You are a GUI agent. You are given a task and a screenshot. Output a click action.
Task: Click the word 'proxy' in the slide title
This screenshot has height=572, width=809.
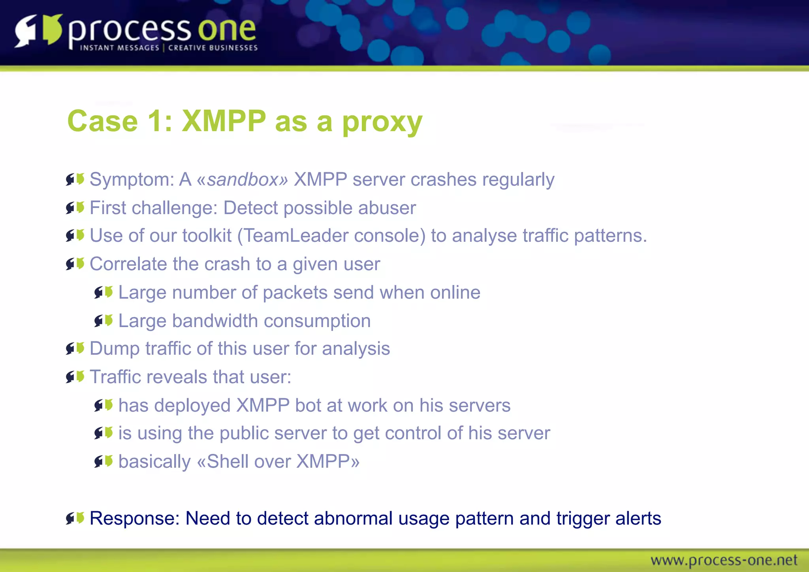point(382,122)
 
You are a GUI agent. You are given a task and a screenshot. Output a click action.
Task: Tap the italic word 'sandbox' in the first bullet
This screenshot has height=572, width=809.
point(243,180)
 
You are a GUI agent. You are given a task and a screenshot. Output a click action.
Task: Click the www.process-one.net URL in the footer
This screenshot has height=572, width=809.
point(724,560)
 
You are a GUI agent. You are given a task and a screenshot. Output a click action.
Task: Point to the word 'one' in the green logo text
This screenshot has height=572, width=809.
point(227,30)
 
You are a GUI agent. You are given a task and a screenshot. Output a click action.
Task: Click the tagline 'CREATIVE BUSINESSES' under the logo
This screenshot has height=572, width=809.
point(213,48)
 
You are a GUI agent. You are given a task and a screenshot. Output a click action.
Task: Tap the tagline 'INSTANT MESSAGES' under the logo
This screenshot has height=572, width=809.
point(120,48)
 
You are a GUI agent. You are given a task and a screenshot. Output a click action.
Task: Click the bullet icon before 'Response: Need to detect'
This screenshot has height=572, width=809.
point(75,518)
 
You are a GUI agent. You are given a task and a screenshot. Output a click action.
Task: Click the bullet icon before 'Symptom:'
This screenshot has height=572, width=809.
point(75,179)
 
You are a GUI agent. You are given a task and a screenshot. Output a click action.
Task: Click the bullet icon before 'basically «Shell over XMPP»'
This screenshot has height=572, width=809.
point(103,461)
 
